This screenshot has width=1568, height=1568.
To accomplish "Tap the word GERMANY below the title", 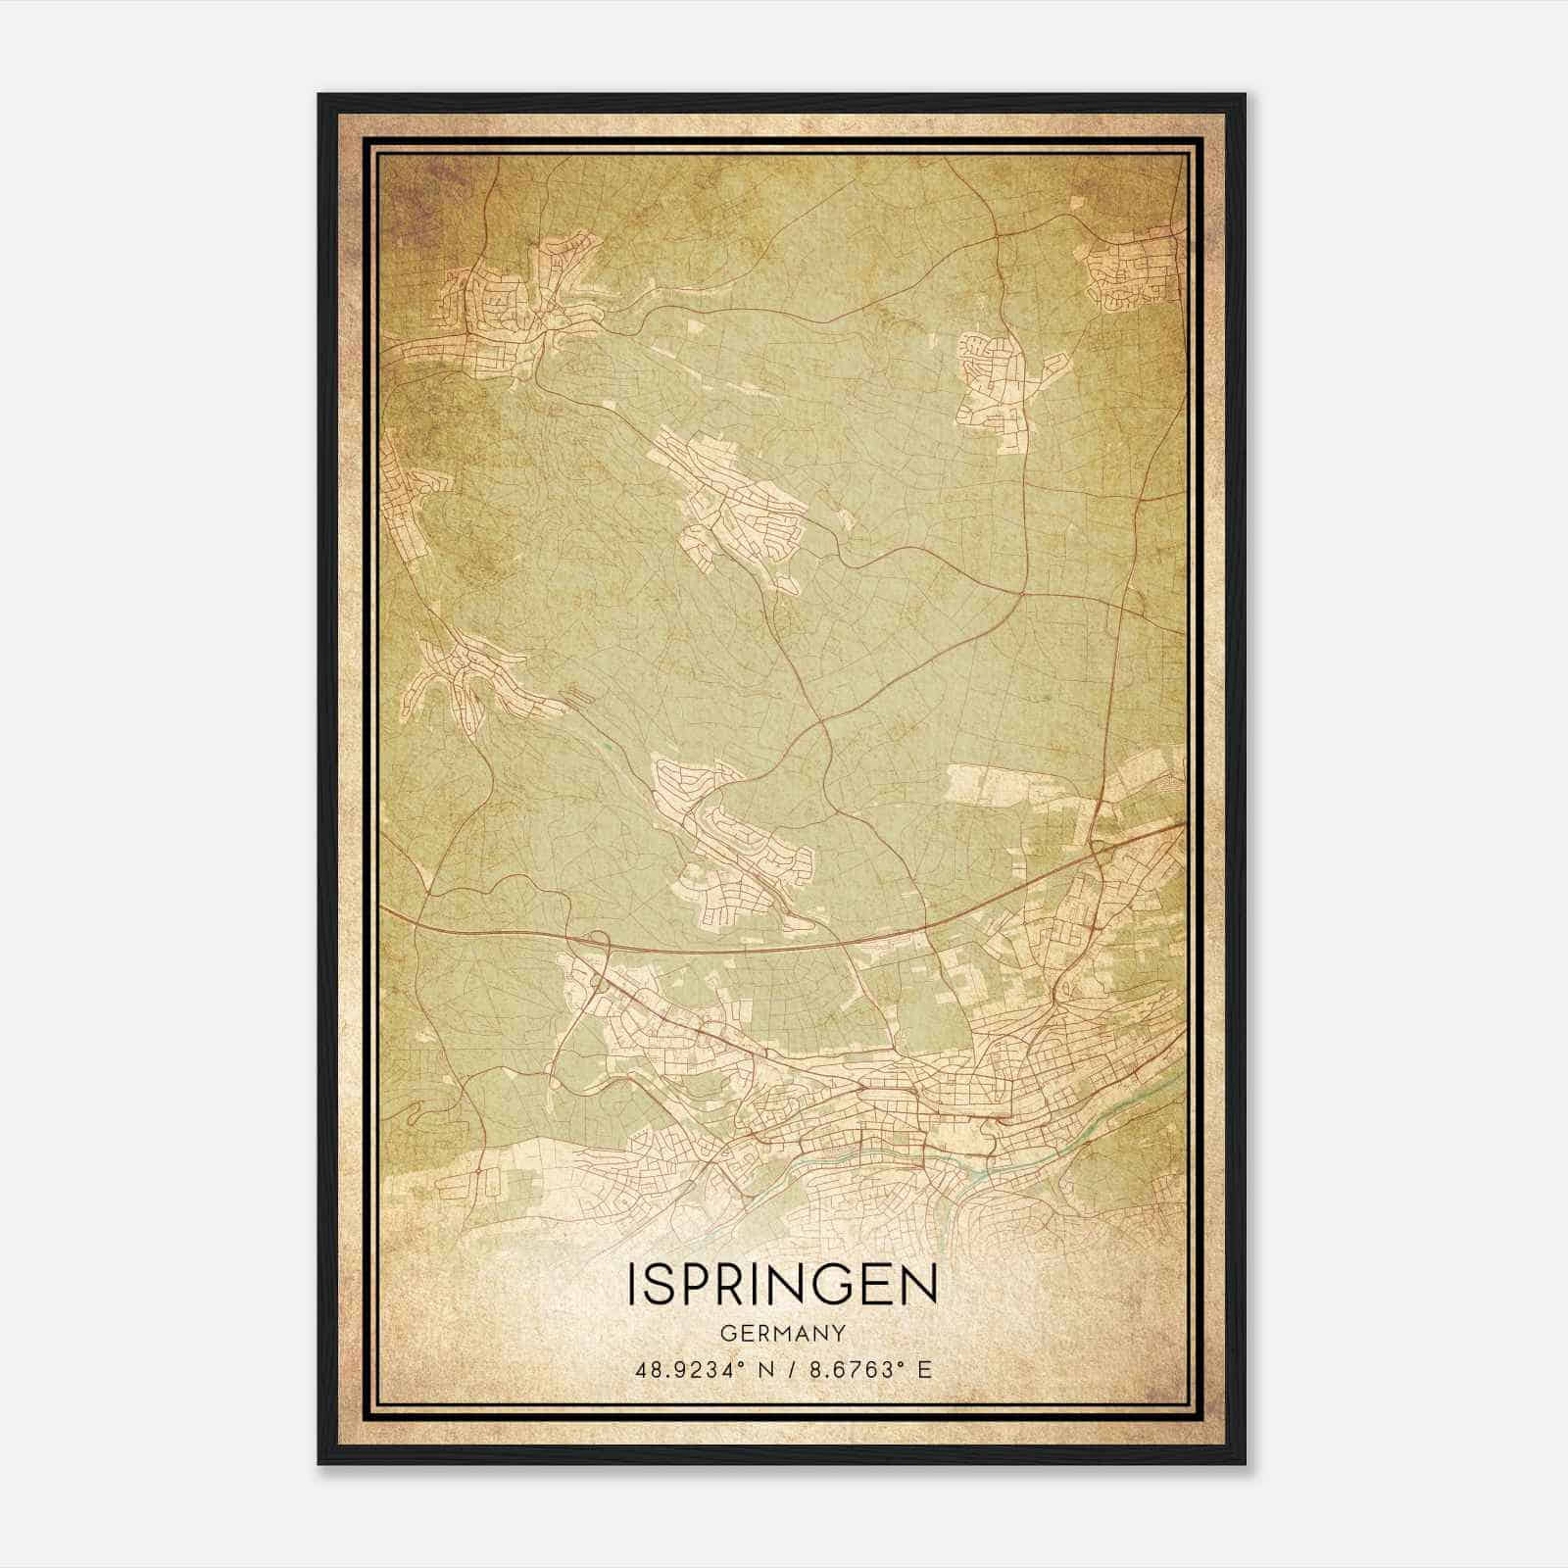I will [782, 1334].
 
